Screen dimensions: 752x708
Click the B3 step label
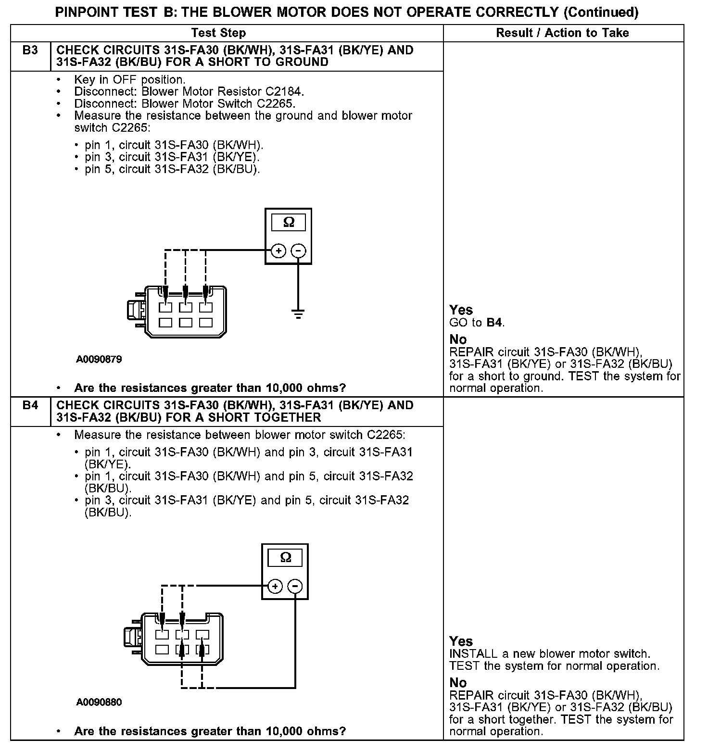pyautogui.click(x=30, y=50)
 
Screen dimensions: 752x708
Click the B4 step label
pyautogui.click(x=30, y=405)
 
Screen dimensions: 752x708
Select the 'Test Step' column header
pyautogui.click(x=218, y=33)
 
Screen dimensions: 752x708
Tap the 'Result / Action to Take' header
pyautogui.click(x=562, y=33)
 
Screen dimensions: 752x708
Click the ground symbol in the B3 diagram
pyautogui.click(x=298, y=314)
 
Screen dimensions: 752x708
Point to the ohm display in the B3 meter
pyautogui.click(x=289, y=222)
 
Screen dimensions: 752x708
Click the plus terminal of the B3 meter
pyautogui.click(x=278, y=251)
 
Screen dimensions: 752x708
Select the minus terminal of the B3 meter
pyautogui.click(x=299, y=251)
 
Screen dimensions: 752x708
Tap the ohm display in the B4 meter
pyautogui.click(x=285, y=558)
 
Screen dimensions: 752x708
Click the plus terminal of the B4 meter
pyautogui.click(x=275, y=586)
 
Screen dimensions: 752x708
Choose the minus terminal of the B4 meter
pyautogui.click(x=295, y=586)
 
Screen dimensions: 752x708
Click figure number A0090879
pyautogui.click(x=99, y=359)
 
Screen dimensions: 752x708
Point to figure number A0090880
pyautogui.click(x=99, y=702)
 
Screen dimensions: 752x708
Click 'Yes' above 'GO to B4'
pyautogui.click(x=461, y=310)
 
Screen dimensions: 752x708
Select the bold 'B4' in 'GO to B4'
pyautogui.click(x=495, y=323)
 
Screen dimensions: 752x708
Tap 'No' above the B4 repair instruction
pyautogui.click(x=458, y=683)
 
